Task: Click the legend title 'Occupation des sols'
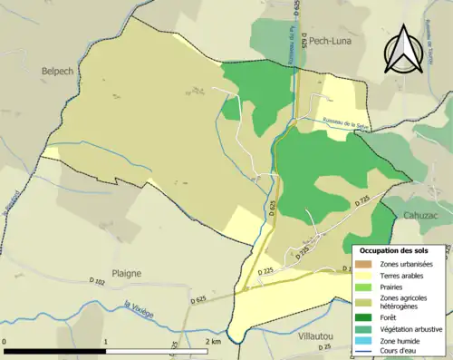coord(394,250)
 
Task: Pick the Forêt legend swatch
coord(365,316)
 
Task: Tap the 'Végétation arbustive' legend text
coord(412,330)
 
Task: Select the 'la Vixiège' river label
coord(140,308)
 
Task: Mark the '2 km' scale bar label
coord(214,342)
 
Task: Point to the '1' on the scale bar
coord(106,342)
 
